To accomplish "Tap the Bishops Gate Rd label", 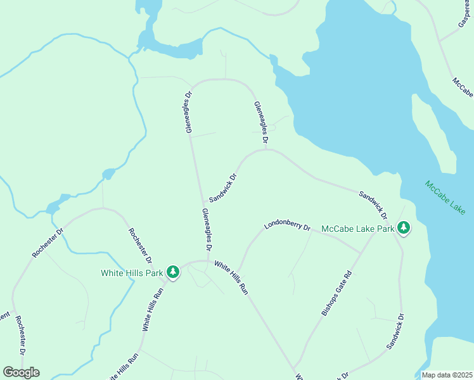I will (x=336, y=294).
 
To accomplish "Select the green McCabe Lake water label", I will (x=445, y=198).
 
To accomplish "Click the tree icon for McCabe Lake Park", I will (x=404, y=228).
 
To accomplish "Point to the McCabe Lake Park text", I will (x=357, y=228).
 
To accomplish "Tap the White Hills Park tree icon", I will (x=173, y=272).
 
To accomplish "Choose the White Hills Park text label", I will (x=132, y=273).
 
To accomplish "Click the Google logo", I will (x=21, y=372).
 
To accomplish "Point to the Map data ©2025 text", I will (x=447, y=375).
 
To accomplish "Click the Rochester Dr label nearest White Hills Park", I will (x=140, y=246).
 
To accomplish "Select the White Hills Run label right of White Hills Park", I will (x=231, y=277).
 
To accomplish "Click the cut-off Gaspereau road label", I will (x=465, y=14).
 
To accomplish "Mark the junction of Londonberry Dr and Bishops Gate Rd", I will (x=361, y=253).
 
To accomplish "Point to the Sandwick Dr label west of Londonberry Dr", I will (x=222, y=188).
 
